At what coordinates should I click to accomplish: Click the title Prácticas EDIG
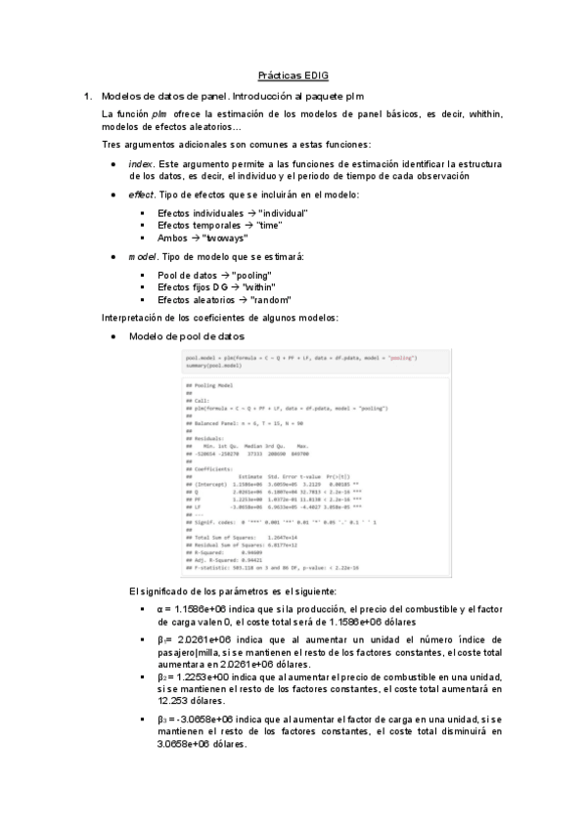pos(293,75)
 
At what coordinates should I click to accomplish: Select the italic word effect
pos(141,196)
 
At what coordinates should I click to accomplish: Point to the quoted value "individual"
pos(283,212)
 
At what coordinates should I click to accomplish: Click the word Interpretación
pos(134,319)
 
